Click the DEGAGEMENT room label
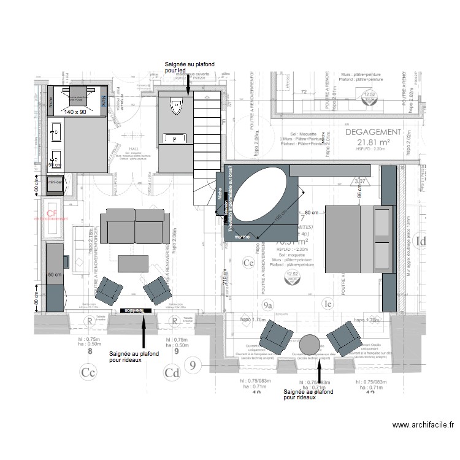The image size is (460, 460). [373, 132]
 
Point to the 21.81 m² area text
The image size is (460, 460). [373, 144]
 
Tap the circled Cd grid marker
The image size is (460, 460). [171, 372]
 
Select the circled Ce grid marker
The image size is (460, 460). [249, 263]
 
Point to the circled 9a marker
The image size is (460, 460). [267, 304]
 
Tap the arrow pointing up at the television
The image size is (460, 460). [143, 334]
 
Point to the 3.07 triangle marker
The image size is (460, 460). [361, 182]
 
